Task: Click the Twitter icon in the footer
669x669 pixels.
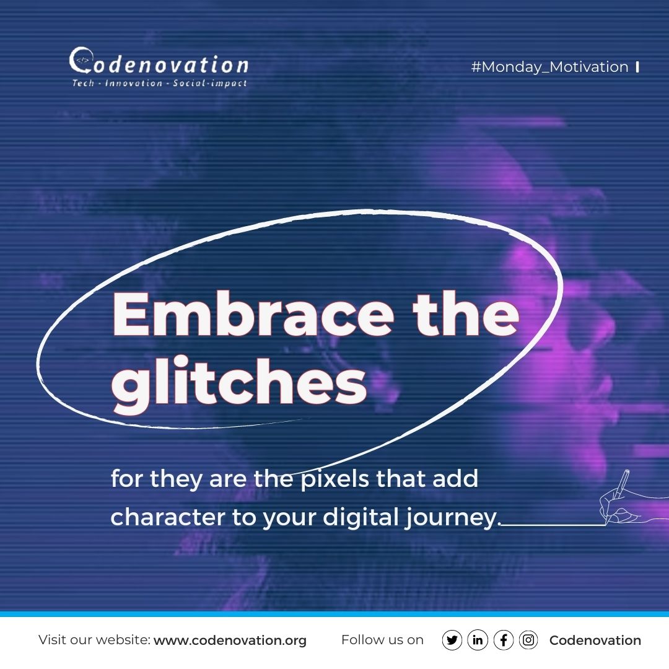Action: point(453,641)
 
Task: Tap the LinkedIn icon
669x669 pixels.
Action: point(478,641)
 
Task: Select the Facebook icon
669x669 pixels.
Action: point(504,641)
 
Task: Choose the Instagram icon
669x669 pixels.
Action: point(528,641)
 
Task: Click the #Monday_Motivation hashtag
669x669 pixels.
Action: point(549,67)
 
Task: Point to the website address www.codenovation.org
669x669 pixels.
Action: point(230,641)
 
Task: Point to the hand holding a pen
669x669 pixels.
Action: point(619,499)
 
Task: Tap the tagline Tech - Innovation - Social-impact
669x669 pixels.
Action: point(160,83)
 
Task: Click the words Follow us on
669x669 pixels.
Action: point(382,641)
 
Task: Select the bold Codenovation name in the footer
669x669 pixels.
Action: point(595,641)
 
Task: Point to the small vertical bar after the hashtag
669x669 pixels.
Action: point(637,67)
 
